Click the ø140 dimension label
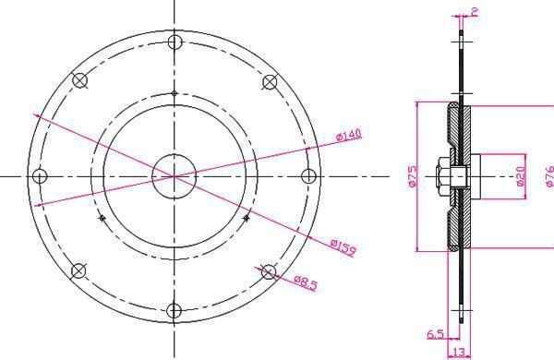tap(349, 135)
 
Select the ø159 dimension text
tap(343, 246)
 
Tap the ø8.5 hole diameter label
tap(306, 283)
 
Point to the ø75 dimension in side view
tap(412, 176)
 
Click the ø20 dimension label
tap(521, 176)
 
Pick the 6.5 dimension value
tap(435, 334)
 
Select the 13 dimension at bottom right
tap(459, 352)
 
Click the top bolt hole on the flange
tap(175, 42)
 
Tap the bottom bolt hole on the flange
tap(174, 310)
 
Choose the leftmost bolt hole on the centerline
tap(40, 176)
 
